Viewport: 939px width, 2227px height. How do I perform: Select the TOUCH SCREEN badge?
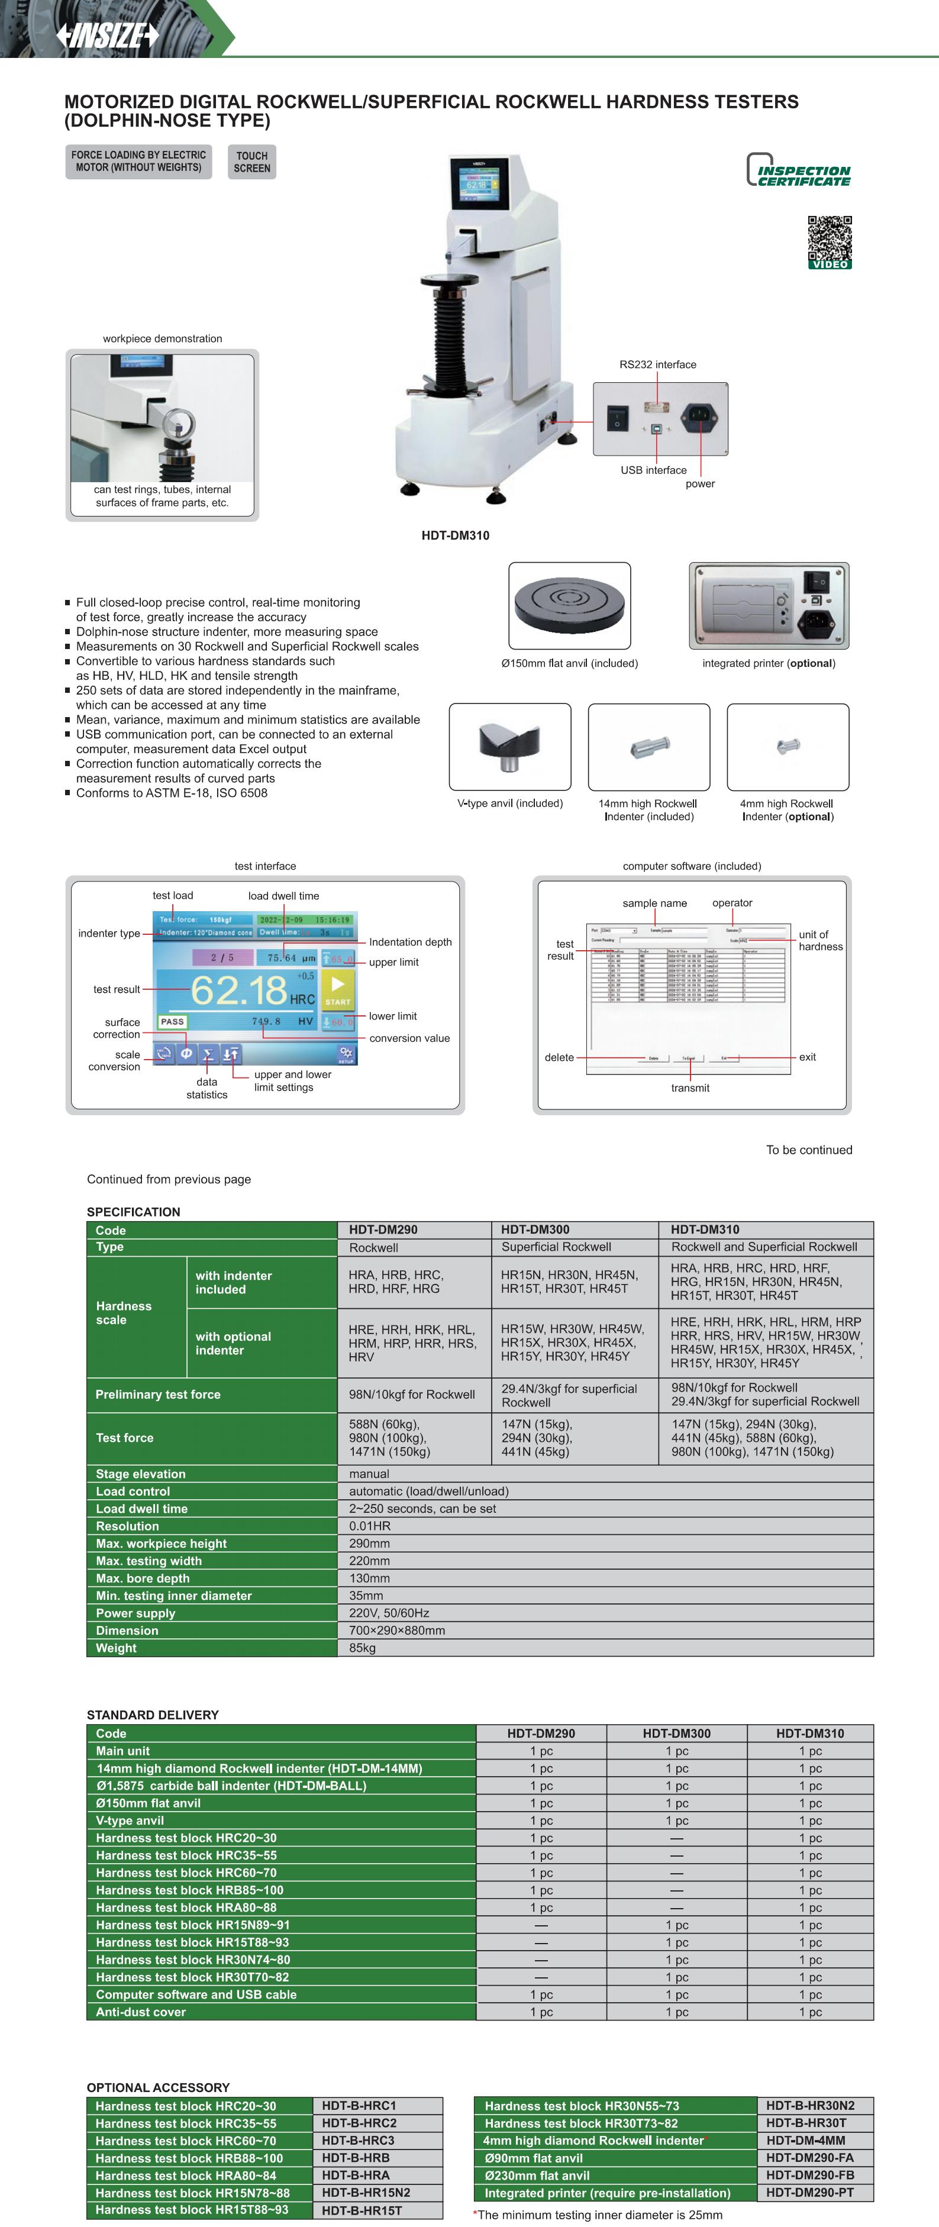click(x=251, y=162)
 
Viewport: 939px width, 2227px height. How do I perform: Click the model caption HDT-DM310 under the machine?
click(x=455, y=535)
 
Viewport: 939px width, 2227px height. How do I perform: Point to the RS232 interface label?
click(x=657, y=364)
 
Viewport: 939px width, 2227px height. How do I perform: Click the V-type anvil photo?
click(x=509, y=746)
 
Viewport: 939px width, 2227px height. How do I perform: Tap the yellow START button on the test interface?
click(x=337, y=990)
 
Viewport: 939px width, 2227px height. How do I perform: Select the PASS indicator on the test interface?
click(x=172, y=1021)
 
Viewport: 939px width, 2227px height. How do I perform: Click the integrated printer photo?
click(x=769, y=605)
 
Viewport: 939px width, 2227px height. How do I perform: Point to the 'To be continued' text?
click(x=808, y=1150)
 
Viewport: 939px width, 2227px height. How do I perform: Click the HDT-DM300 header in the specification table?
click(x=535, y=1229)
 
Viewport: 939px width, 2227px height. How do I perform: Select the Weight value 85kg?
click(x=362, y=1648)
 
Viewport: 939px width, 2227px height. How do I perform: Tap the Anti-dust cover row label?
click(x=141, y=2012)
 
